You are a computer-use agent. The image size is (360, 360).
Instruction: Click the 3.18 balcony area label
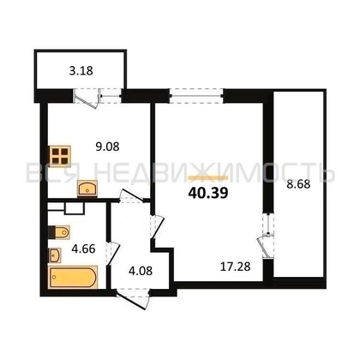point(81,70)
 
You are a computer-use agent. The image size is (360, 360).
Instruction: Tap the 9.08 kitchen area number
point(107,147)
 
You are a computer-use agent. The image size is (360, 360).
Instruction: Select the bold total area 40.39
point(208,193)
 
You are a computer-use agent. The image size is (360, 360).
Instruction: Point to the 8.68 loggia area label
point(298,184)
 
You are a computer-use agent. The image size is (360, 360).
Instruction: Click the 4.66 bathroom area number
point(83,249)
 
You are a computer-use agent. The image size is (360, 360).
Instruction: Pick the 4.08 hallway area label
point(141,271)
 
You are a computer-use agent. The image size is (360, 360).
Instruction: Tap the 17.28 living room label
point(236,267)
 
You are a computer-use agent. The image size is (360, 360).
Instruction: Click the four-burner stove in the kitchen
point(60,156)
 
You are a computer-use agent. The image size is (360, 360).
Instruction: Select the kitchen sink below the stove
point(87,189)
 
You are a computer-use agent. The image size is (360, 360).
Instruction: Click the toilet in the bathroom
point(59,232)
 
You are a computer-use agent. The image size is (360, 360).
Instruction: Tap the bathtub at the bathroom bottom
point(73,278)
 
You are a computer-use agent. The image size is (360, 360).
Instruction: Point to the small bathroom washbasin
point(55,255)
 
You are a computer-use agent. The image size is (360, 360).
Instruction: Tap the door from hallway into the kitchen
point(131,196)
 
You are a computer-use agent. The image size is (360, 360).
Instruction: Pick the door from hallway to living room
point(157,226)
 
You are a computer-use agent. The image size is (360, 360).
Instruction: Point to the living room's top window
point(197,96)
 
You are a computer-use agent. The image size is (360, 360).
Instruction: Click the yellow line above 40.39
point(208,178)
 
